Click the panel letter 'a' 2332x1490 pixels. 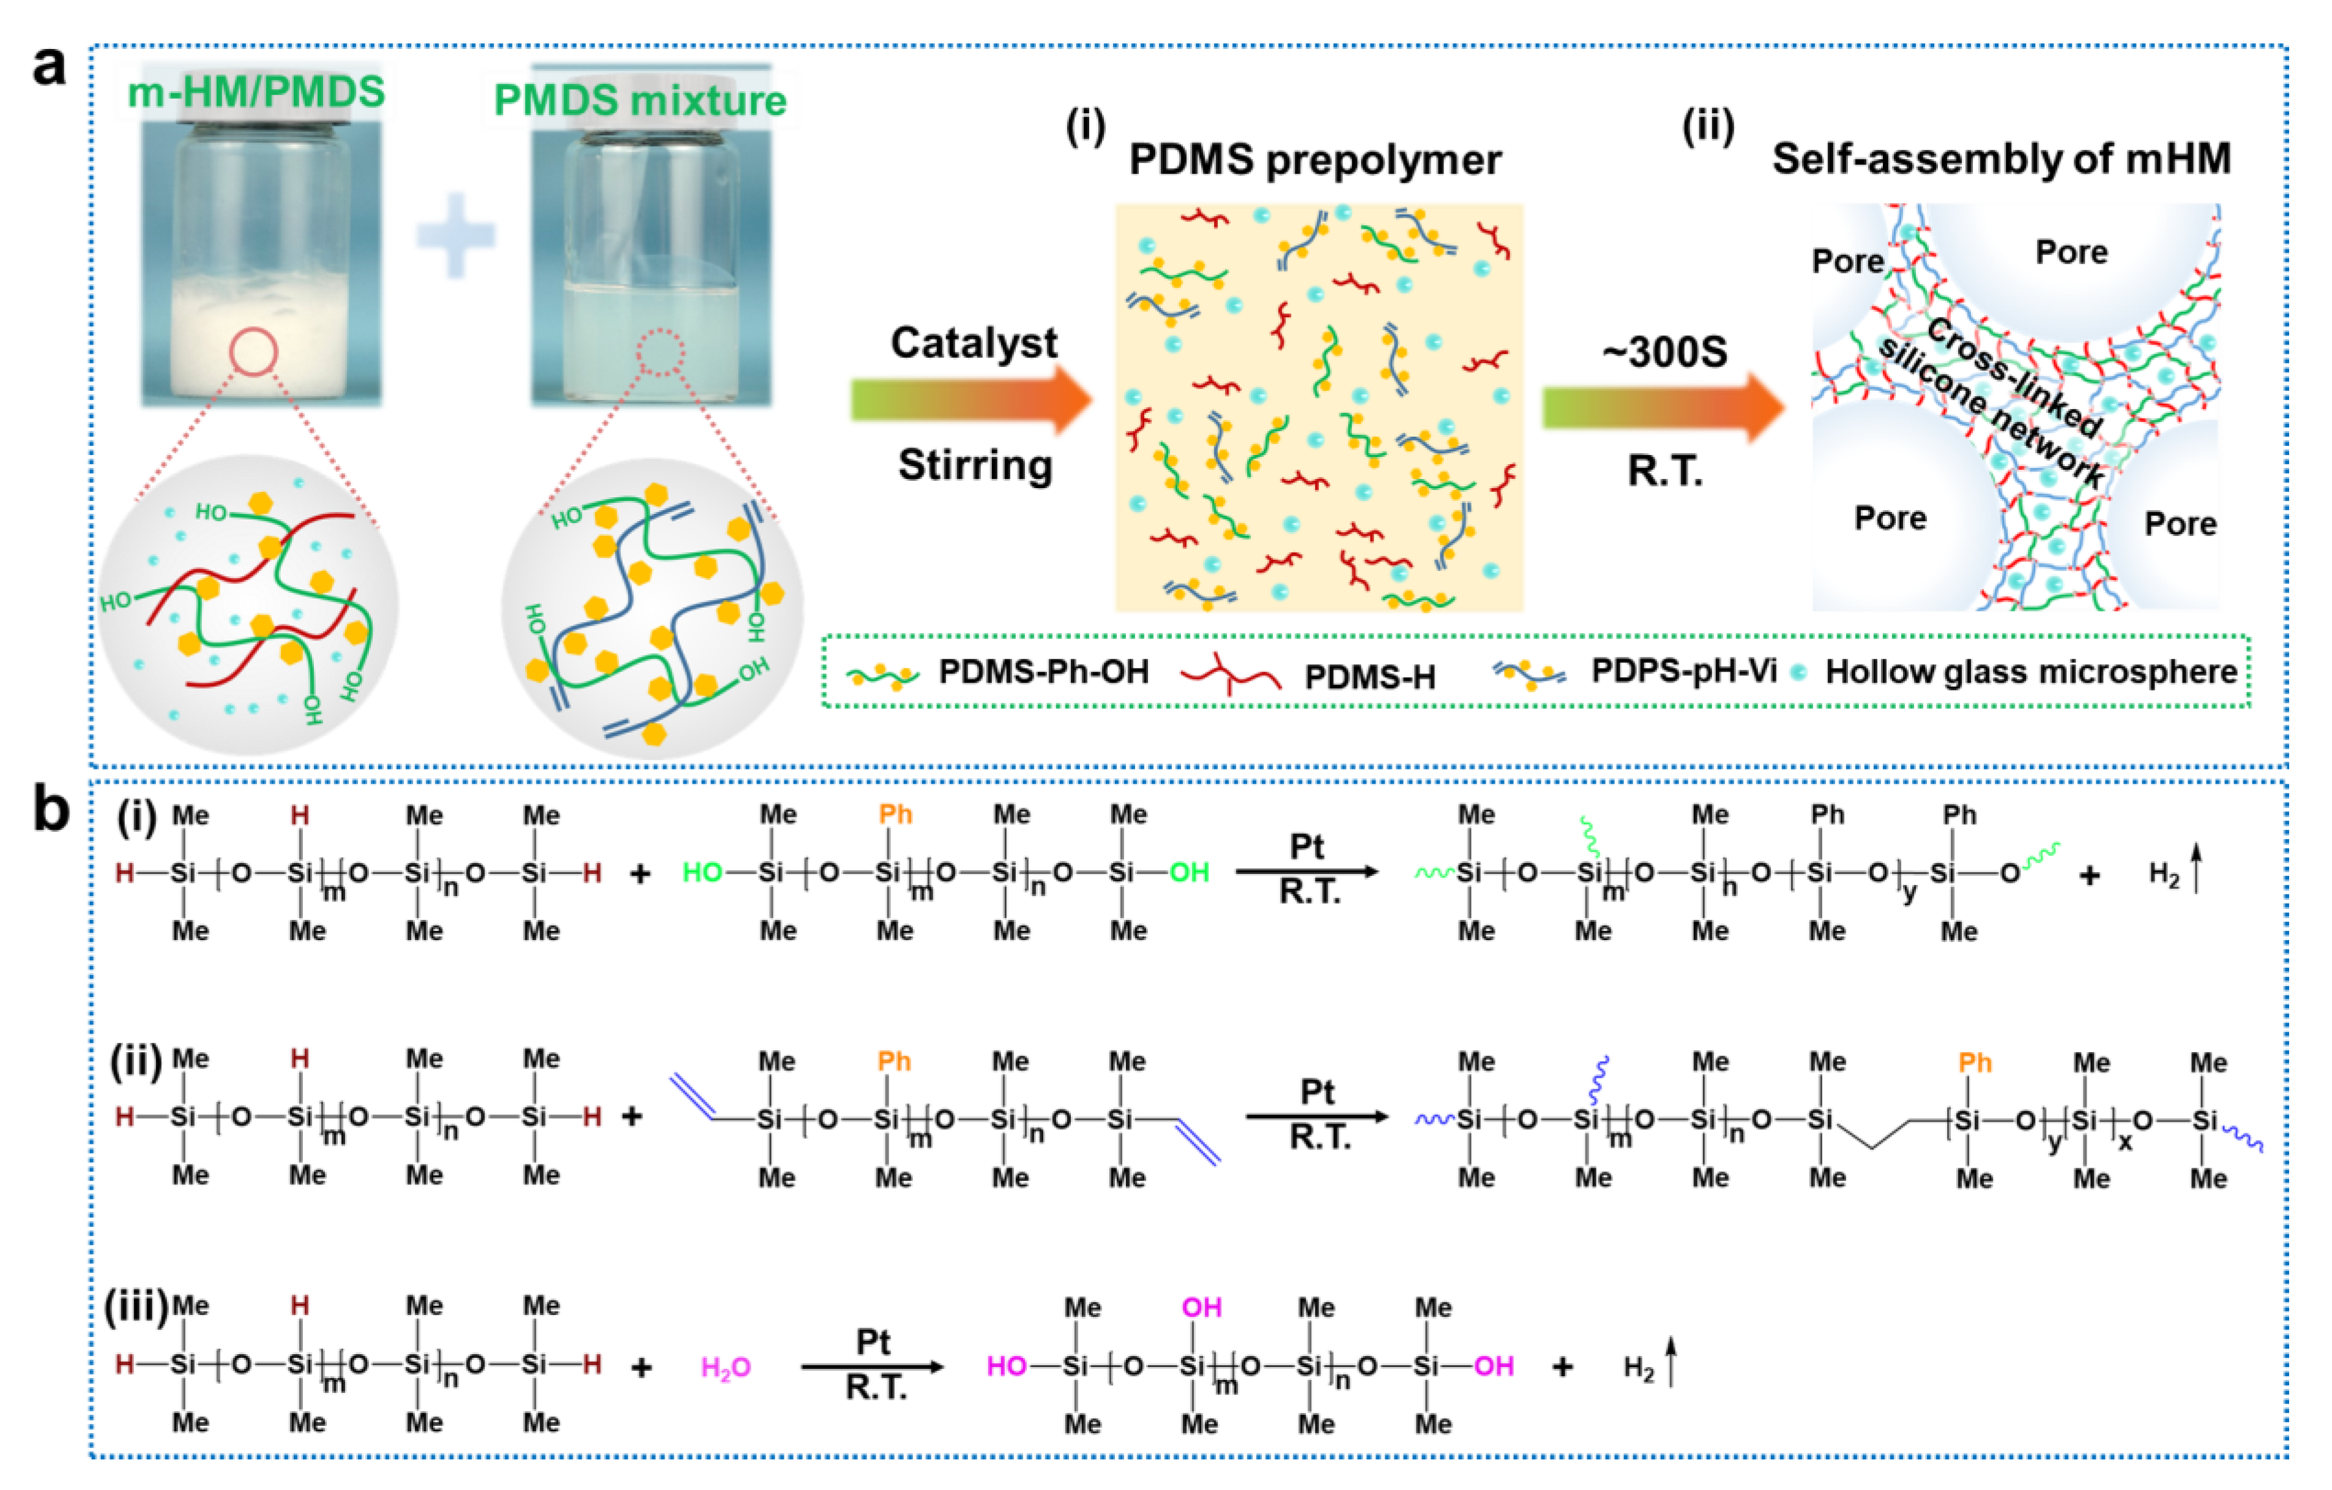click(x=50, y=68)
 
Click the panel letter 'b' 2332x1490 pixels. click(x=50, y=809)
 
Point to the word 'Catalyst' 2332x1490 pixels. click(x=974, y=343)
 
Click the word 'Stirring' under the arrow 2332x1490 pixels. click(x=974, y=465)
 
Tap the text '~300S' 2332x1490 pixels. click(x=1664, y=352)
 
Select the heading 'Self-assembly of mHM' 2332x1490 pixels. click(x=2001, y=159)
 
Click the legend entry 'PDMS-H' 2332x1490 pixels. click(x=1369, y=676)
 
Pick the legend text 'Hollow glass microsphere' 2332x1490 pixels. click(x=2031, y=672)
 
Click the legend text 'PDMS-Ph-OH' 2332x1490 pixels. click(x=1043, y=672)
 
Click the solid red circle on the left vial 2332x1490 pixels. click(x=254, y=352)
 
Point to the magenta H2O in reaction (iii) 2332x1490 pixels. click(x=725, y=1367)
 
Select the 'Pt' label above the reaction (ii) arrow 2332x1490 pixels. click(x=1317, y=1092)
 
